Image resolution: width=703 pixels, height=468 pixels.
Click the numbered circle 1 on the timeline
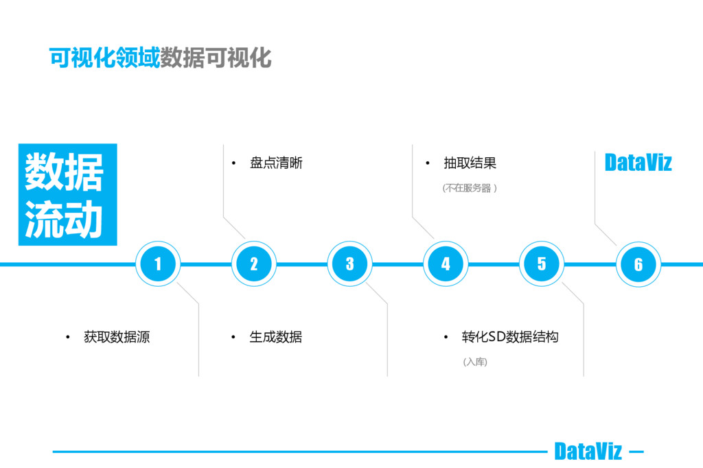point(158,264)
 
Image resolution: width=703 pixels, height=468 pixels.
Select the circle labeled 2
point(254,264)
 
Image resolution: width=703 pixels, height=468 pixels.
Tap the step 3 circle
point(350,264)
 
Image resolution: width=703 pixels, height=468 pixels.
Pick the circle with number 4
point(446,264)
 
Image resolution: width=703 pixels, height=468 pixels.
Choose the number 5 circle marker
point(542,264)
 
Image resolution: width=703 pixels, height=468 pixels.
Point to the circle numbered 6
point(638,264)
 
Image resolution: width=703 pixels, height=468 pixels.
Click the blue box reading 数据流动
point(67,195)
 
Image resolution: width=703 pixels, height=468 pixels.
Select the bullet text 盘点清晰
point(276,163)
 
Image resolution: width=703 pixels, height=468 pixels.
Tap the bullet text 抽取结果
point(470,163)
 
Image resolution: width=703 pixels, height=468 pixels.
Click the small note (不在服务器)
point(470,188)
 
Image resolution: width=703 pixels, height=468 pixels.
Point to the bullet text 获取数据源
point(117,337)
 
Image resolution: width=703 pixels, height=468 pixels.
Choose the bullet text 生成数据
point(276,337)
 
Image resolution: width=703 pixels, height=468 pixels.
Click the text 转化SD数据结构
point(510,337)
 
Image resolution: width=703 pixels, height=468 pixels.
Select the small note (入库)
point(475,362)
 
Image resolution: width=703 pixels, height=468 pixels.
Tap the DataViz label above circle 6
point(638,163)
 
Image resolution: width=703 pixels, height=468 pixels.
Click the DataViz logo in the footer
point(588,452)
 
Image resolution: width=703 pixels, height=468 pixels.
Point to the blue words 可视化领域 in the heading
point(104,58)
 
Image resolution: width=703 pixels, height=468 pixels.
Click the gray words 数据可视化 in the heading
point(216,58)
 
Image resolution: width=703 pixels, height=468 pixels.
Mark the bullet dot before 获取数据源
point(68,338)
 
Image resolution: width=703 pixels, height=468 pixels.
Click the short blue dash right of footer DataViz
point(636,452)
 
